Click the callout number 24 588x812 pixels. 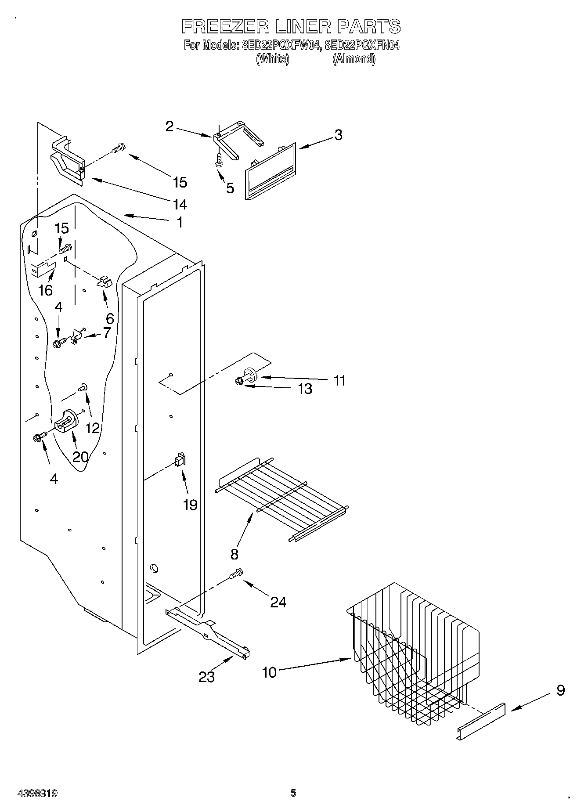pos(278,602)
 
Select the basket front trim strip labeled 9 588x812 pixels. pos(481,721)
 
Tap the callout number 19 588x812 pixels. pos(190,505)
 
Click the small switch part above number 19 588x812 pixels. pos(180,460)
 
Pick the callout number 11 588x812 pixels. pos(339,380)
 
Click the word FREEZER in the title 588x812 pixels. pos(225,27)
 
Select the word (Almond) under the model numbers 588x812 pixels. pos(354,59)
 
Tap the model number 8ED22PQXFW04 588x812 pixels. pos(279,45)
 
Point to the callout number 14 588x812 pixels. pos(180,204)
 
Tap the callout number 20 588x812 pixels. pos(80,457)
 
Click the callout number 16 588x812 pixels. pos(46,290)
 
